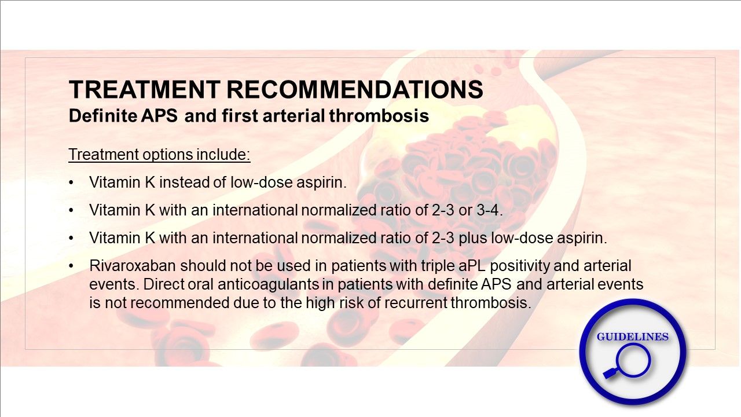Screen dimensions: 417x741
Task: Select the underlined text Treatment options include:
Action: pyautogui.click(x=159, y=155)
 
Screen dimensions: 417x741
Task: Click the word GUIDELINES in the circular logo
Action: pyautogui.click(x=633, y=337)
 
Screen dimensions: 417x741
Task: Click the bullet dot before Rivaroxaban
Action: pyautogui.click(x=71, y=266)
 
